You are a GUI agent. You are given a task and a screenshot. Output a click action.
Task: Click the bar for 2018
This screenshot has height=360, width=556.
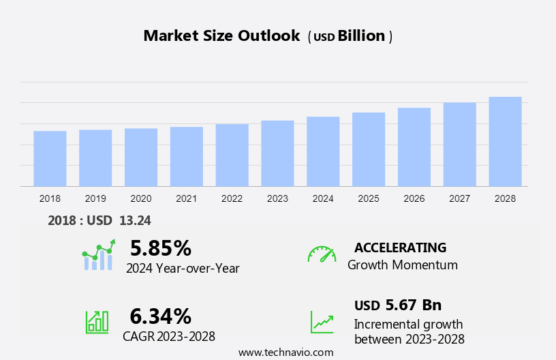(50, 158)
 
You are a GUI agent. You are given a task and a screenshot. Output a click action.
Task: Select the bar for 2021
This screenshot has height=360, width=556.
(187, 156)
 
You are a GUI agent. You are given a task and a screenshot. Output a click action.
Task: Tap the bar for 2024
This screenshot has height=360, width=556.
(323, 151)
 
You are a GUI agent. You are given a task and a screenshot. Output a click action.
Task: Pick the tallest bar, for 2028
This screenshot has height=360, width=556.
(505, 141)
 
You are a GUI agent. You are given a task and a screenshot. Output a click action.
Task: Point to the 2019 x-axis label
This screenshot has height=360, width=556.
(95, 198)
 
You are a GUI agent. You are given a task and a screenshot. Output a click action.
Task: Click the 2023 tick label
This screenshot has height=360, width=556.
(277, 198)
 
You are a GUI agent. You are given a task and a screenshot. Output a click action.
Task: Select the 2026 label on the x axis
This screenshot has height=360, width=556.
(414, 198)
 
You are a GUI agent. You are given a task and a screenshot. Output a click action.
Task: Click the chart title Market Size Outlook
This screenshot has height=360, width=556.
(221, 36)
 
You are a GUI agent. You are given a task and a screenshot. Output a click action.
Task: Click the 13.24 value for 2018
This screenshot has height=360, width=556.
(136, 220)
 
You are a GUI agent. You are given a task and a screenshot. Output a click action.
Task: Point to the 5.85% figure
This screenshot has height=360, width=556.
(161, 247)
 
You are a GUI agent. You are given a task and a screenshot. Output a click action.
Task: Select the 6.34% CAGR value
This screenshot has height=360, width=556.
(161, 316)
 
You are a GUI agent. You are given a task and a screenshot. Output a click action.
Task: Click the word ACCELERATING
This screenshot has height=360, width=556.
(400, 247)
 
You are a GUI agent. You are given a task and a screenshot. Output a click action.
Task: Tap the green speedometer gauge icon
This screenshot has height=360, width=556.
(322, 254)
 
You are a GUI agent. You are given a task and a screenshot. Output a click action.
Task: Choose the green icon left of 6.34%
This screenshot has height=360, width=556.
(97, 322)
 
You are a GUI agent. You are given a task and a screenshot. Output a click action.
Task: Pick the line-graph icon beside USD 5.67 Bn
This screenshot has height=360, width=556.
(322, 322)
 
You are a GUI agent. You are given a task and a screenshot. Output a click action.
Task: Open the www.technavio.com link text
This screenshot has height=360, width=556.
(285, 352)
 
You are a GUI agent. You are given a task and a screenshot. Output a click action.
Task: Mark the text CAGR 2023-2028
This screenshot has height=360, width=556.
(169, 336)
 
